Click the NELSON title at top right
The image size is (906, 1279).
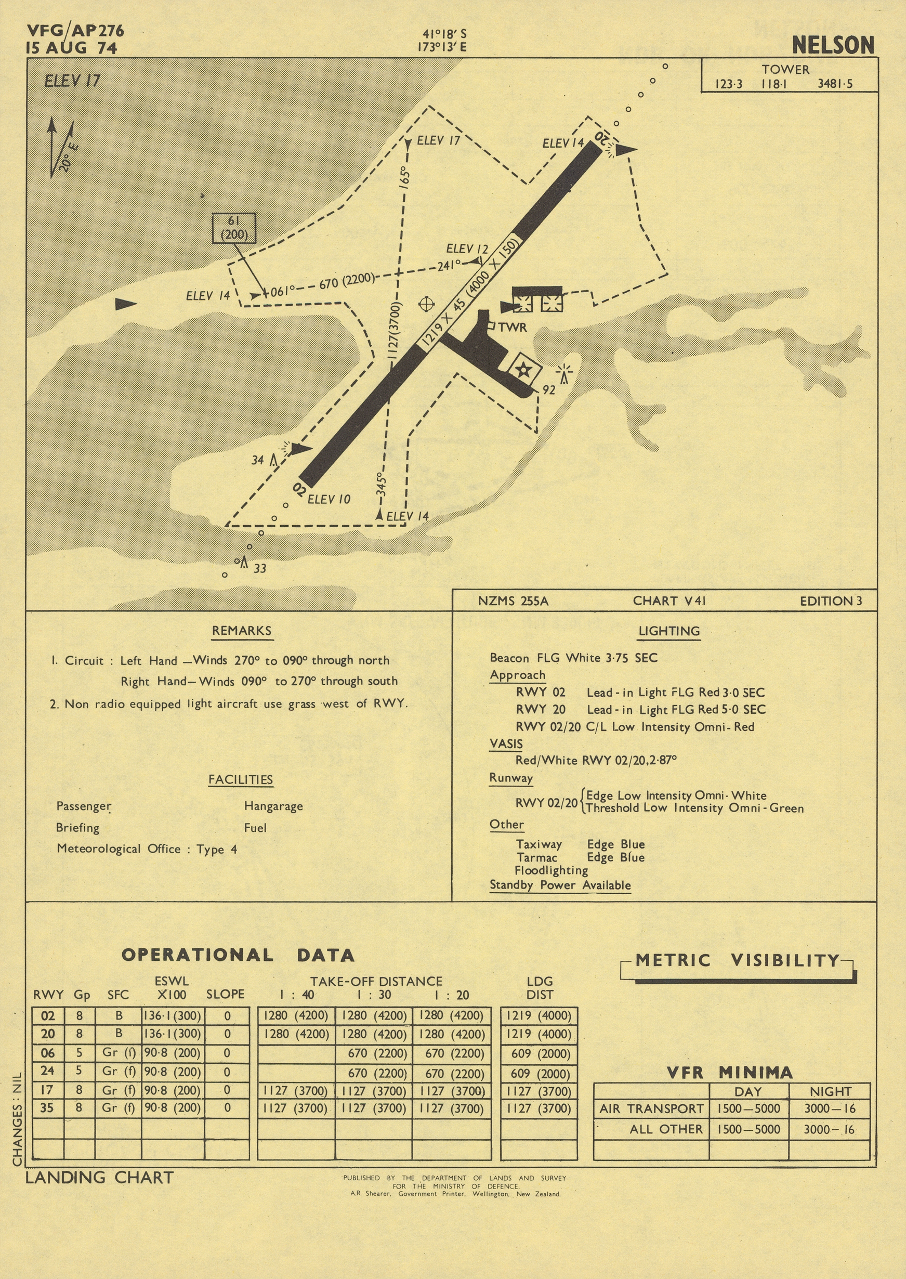click(832, 45)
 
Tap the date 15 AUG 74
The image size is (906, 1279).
click(71, 48)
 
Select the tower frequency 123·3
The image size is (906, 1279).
click(729, 84)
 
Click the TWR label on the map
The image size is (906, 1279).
click(512, 327)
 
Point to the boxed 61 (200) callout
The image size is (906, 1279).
click(234, 228)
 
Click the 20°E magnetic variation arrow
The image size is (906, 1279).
click(61, 147)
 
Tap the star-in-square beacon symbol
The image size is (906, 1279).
click(524, 369)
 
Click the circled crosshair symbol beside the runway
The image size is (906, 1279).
click(426, 304)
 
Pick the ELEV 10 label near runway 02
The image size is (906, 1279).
click(329, 499)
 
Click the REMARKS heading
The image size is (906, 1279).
click(242, 631)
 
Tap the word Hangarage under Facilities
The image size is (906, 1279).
click(273, 806)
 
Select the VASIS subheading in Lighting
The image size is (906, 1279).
click(506, 744)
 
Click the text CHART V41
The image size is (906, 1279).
click(669, 601)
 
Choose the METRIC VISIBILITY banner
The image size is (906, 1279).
click(737, 960)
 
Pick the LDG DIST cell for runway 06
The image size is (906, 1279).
click(539, 1053)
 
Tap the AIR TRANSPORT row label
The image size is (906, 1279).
click(651, 1108)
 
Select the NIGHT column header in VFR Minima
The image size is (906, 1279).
click(830, 1091)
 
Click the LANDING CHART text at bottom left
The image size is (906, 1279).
click(99, 1178)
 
